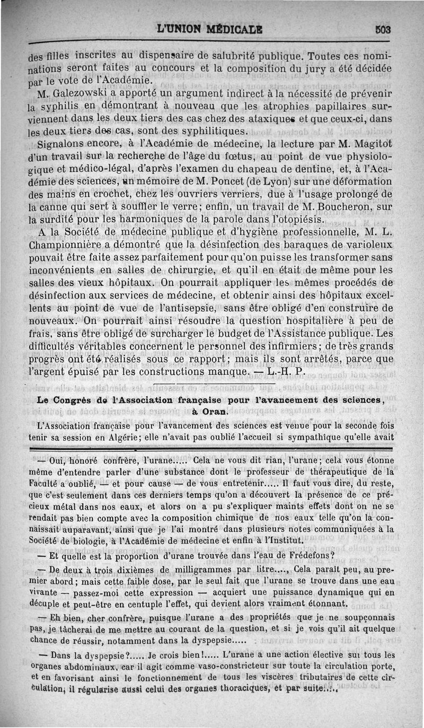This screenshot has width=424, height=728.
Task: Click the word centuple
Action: coord(147,603)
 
